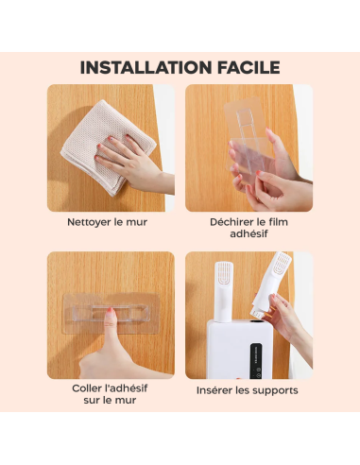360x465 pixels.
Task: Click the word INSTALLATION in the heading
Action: tap(146, 67)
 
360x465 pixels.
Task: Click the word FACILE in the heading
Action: tap(249, 67)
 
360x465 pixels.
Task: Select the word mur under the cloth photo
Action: tap(137, 222)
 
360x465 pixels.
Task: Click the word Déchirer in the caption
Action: tap(231, 222)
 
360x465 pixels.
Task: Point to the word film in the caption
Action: tap(279, 222)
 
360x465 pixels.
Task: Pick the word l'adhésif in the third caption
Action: tap(127, 388)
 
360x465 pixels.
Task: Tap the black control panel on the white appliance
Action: tap(256, 360)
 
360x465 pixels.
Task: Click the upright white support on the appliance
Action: tap(224, 292)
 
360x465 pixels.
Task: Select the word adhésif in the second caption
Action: tap(249, 234)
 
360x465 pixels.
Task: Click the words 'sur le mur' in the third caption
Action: tap(110, 400)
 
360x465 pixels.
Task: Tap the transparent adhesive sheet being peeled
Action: tap(249, 139)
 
